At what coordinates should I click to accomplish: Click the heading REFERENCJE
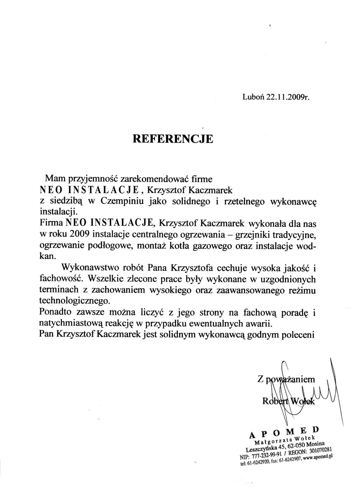click(x=173, y=139)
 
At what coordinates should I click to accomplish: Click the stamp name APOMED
click(x=284, y=432)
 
